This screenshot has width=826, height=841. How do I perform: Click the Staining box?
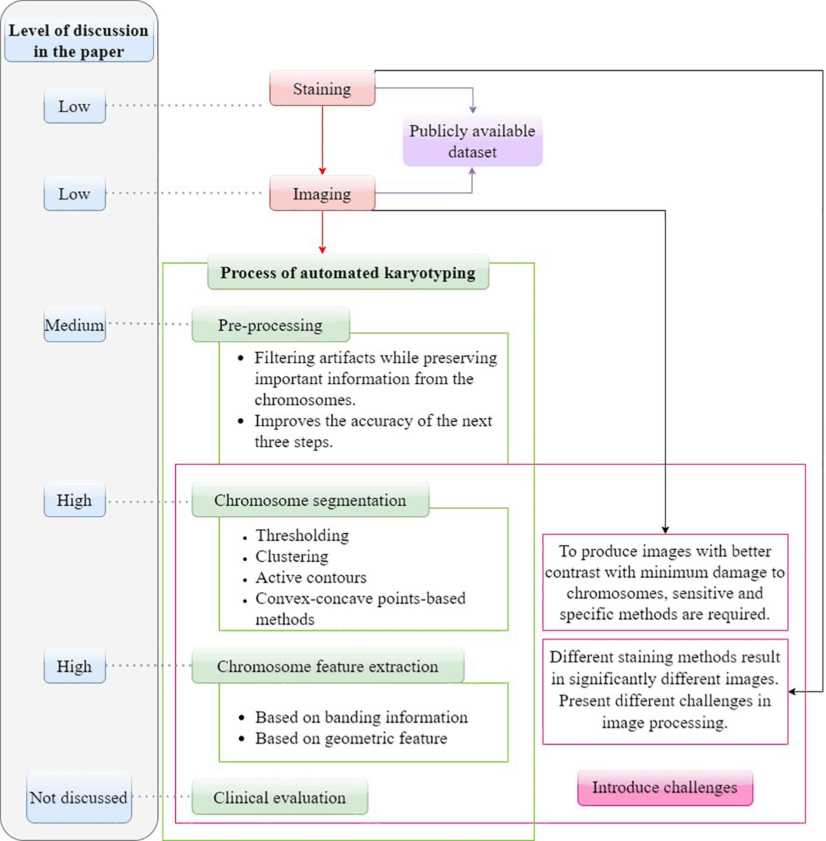pos(322,88)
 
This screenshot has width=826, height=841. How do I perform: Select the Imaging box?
pos(322,193)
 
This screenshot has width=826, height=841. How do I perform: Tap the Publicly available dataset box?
pos(472,141)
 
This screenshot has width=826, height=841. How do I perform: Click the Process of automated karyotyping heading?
pos(348,273)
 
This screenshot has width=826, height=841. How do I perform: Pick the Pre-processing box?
pos(270,325)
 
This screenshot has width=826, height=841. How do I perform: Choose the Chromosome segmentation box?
pos(310,500)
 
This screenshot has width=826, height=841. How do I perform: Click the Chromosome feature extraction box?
pos(328,666)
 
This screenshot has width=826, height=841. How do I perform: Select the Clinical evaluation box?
pos(280,798)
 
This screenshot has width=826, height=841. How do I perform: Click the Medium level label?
pos(74,325)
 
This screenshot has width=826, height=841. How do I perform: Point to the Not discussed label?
pos(79,798)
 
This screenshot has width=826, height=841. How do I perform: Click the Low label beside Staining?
pos(74,106)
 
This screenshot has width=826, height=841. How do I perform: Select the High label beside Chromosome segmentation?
pos(74,500)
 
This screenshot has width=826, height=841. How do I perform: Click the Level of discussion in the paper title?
pos(79,41)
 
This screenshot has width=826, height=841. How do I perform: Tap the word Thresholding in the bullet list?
pos(302,535)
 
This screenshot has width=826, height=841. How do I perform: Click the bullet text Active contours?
pos(311,577)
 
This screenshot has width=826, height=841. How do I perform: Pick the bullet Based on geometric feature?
pos(351,738)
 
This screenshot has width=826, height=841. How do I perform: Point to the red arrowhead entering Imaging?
pos(323,171)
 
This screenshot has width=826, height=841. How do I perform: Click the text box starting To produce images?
pos(665,582)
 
